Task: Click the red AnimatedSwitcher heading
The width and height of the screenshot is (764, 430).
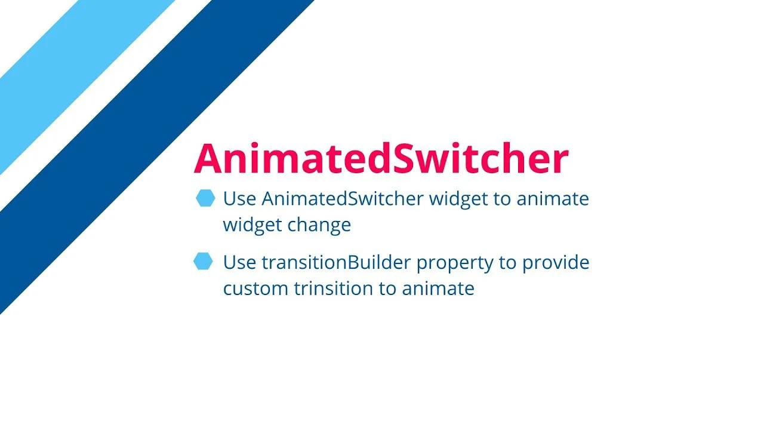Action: tap(381, 159)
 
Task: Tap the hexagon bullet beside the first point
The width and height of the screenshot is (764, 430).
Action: tap(205, 198)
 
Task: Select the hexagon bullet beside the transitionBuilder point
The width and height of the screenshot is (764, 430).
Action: tap(204, 262)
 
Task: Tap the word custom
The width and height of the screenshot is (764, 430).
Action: tap(255, 289)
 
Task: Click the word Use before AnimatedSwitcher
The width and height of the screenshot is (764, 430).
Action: tap(239, 199)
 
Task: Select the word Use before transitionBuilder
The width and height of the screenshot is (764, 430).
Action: tap(239, 262)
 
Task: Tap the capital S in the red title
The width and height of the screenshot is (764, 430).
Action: tap(392, 159)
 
